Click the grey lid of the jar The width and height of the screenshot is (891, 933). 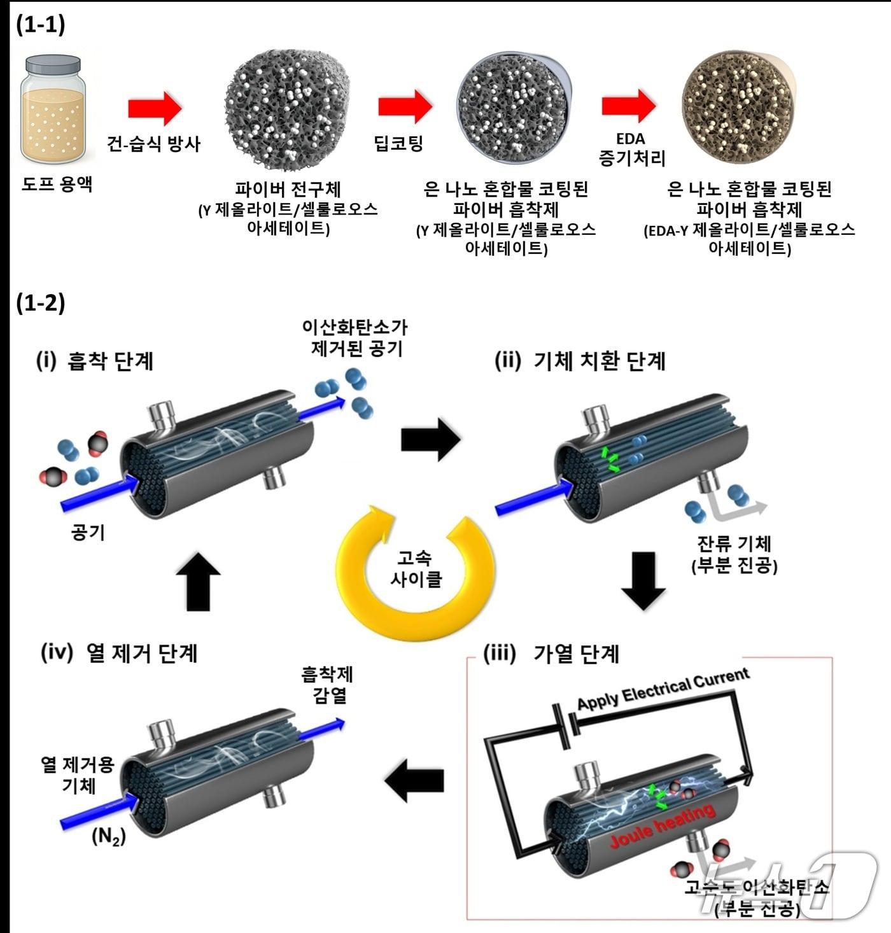click(53, 66)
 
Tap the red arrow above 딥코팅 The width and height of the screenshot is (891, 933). click(405, 106)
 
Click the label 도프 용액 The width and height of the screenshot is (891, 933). click(57, 185)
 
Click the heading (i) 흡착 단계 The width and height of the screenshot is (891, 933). click(95, 361)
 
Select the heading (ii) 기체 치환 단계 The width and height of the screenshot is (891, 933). click(580, 361)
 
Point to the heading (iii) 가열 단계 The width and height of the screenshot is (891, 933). click(551, 654)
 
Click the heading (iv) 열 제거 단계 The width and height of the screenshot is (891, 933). click(119, 653)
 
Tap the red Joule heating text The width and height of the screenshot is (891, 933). click(662, 825)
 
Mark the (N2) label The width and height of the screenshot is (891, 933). click(109, 836)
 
